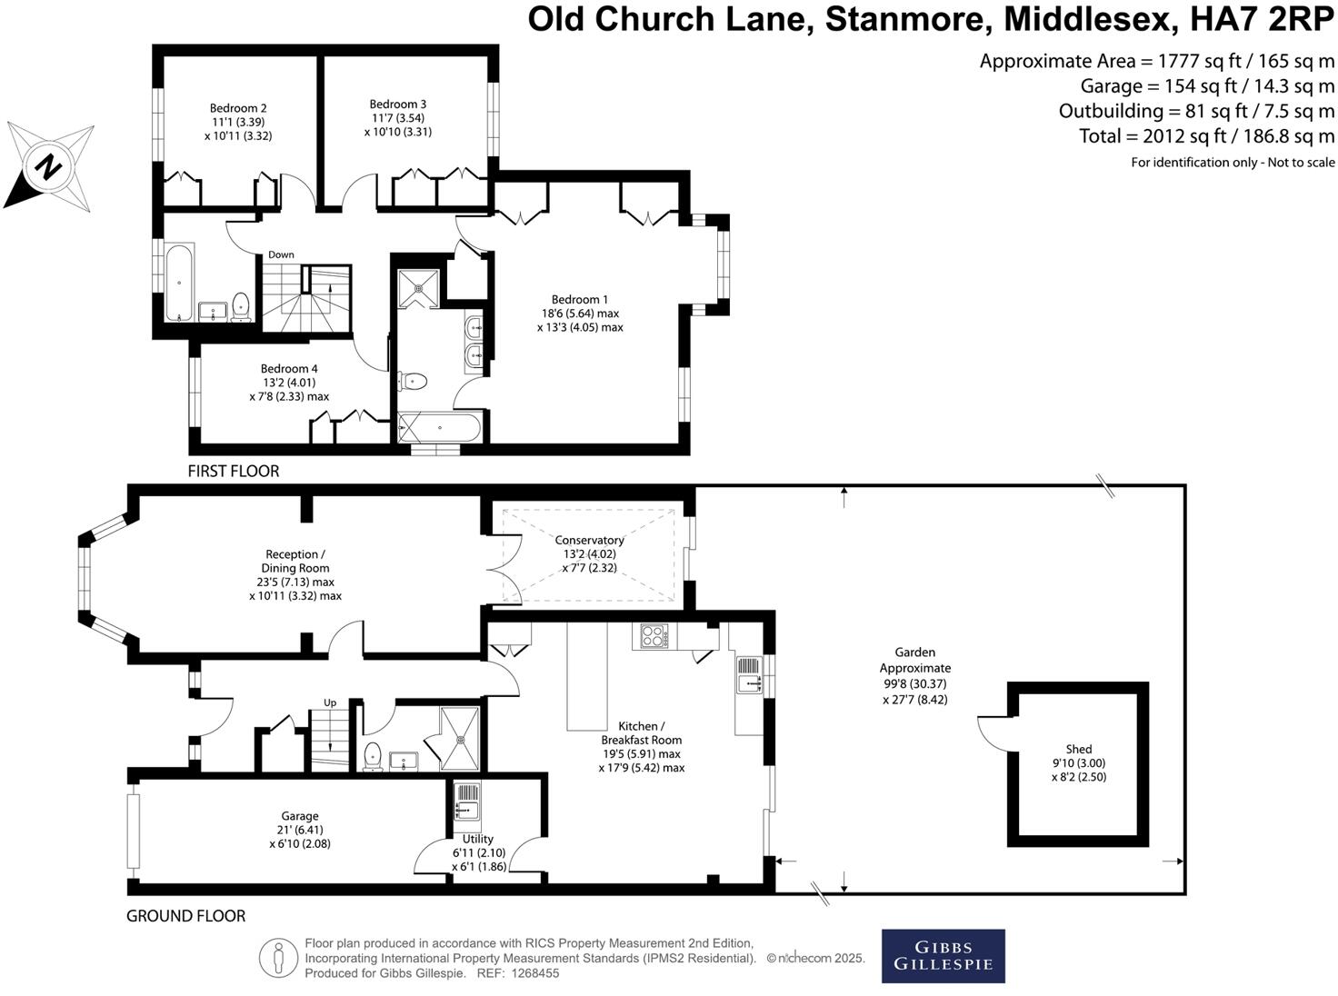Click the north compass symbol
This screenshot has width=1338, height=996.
point(50,165)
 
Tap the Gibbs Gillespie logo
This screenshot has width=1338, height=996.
point(943,955)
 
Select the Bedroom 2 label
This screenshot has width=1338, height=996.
point(238,108)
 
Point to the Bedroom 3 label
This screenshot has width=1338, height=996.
point(398,104)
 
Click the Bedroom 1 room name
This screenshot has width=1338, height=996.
point(580,299)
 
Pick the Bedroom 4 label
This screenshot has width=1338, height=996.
point(289,368)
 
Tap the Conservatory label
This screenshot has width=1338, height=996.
point(589,540)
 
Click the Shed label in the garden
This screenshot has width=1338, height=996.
point(1079,750)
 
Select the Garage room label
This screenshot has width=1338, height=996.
point(299,816)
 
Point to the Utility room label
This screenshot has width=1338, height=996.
point(478,839)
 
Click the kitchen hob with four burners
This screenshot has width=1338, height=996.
point(654,636)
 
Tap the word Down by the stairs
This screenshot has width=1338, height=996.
point(281,254)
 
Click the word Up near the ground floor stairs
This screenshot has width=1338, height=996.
point(330,702)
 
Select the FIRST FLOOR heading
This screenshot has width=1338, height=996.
point(234,471)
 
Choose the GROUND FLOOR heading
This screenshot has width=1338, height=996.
point(185,915)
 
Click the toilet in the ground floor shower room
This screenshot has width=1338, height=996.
point(372,756)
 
